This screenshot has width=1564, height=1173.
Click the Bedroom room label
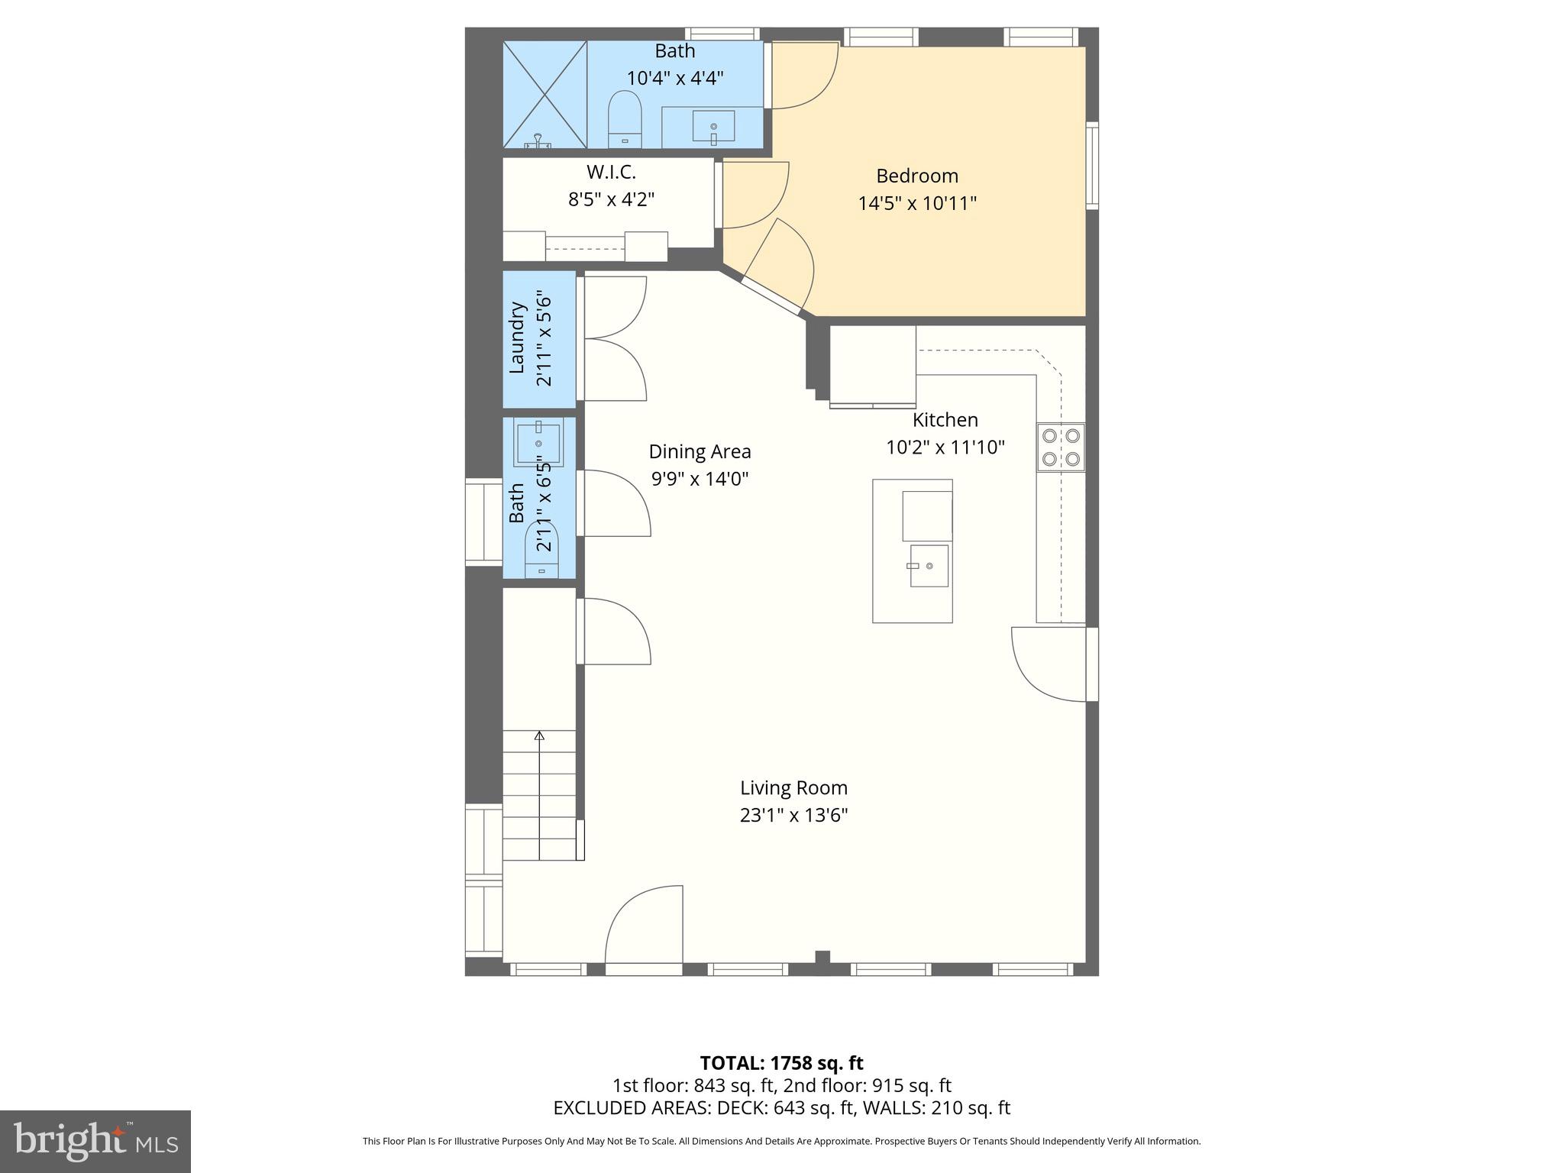click(x=916, y=176)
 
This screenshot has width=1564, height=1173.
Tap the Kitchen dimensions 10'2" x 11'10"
click(x=945, y=448)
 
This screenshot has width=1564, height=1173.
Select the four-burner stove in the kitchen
click(x=1061, y=448)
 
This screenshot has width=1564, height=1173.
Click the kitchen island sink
click(x=929, y=566)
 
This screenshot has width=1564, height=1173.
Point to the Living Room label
click(x=793, y=787)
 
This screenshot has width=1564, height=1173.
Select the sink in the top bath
click(x=713, y=126)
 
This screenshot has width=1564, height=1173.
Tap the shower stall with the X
click(x=544, y=95)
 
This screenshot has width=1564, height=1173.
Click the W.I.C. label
click(x=611, y=172)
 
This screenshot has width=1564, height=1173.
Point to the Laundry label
click(x=517, y=338)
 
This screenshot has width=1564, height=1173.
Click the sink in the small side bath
click(x=538, y=444)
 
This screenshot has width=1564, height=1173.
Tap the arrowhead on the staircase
click(x=539, y=736)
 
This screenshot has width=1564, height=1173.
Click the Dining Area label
click(x=700, y=452)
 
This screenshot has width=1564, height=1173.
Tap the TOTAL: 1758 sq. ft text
click(x=781, y=1063)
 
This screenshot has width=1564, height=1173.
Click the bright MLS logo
click(x=95, y=1142)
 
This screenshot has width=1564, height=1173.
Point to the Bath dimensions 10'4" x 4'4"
click(x=675, y=78)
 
